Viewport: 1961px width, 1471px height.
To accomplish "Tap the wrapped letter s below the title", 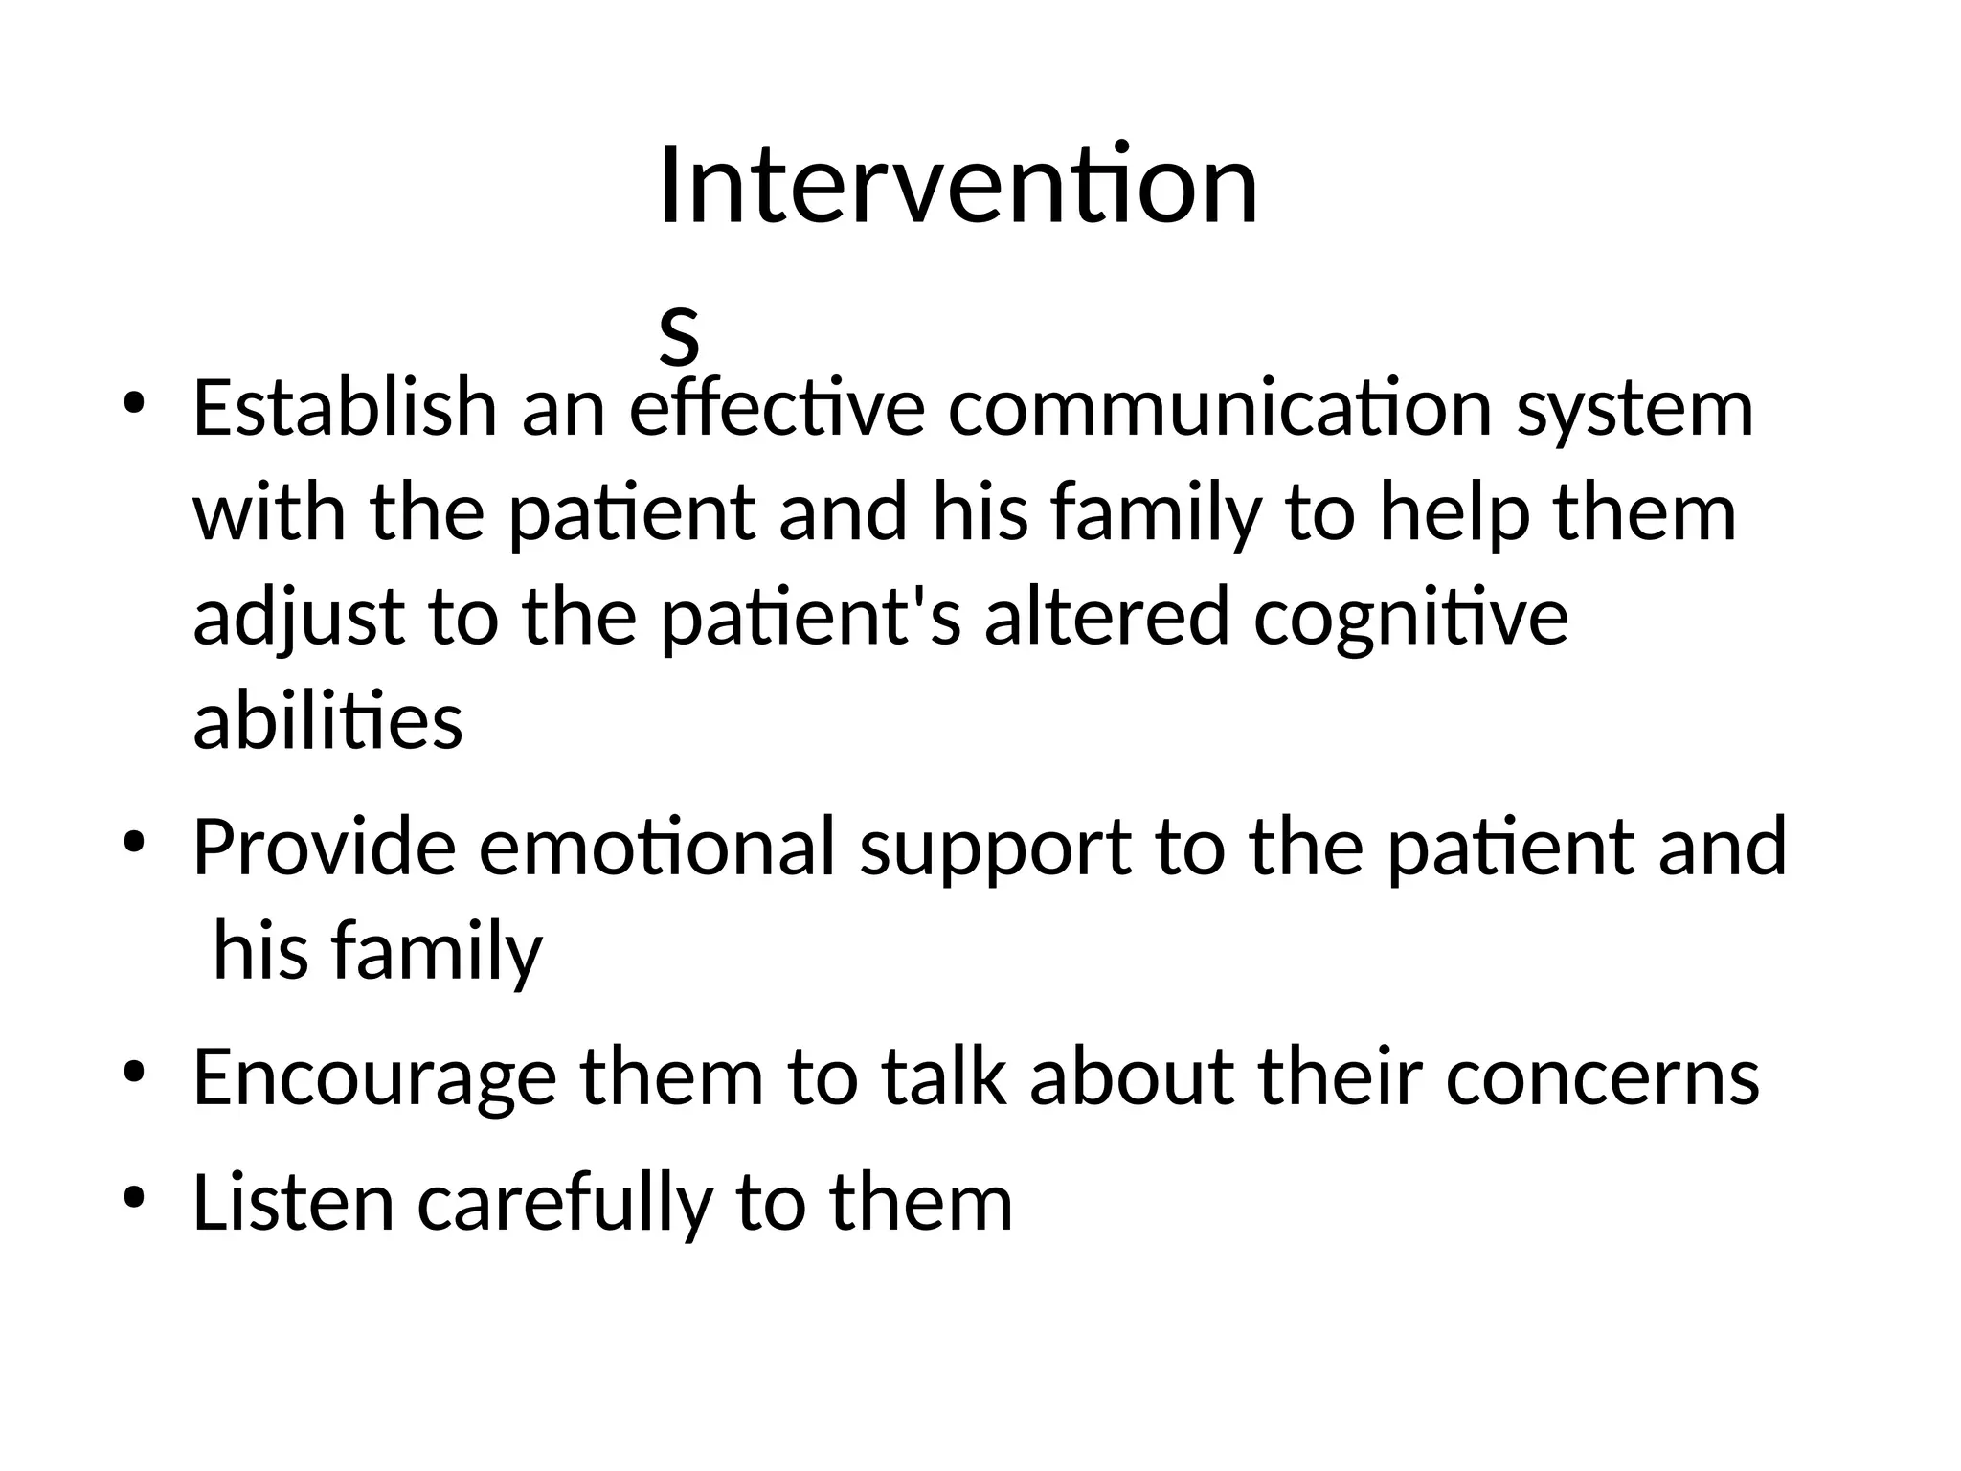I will (x=679, y=336).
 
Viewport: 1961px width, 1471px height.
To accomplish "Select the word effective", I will (x=777, y=407).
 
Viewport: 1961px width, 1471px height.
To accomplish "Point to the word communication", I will (x=1221, y=407).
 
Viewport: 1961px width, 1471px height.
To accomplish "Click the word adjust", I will (x=299, y=618).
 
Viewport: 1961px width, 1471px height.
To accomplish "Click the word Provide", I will (x=324, y=847).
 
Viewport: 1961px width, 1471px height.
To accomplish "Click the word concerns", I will (x=1602, y=1078).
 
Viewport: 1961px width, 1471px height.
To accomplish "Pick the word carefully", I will (x=565, y=1205).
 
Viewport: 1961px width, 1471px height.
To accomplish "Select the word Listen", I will (x=293, y=1203).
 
